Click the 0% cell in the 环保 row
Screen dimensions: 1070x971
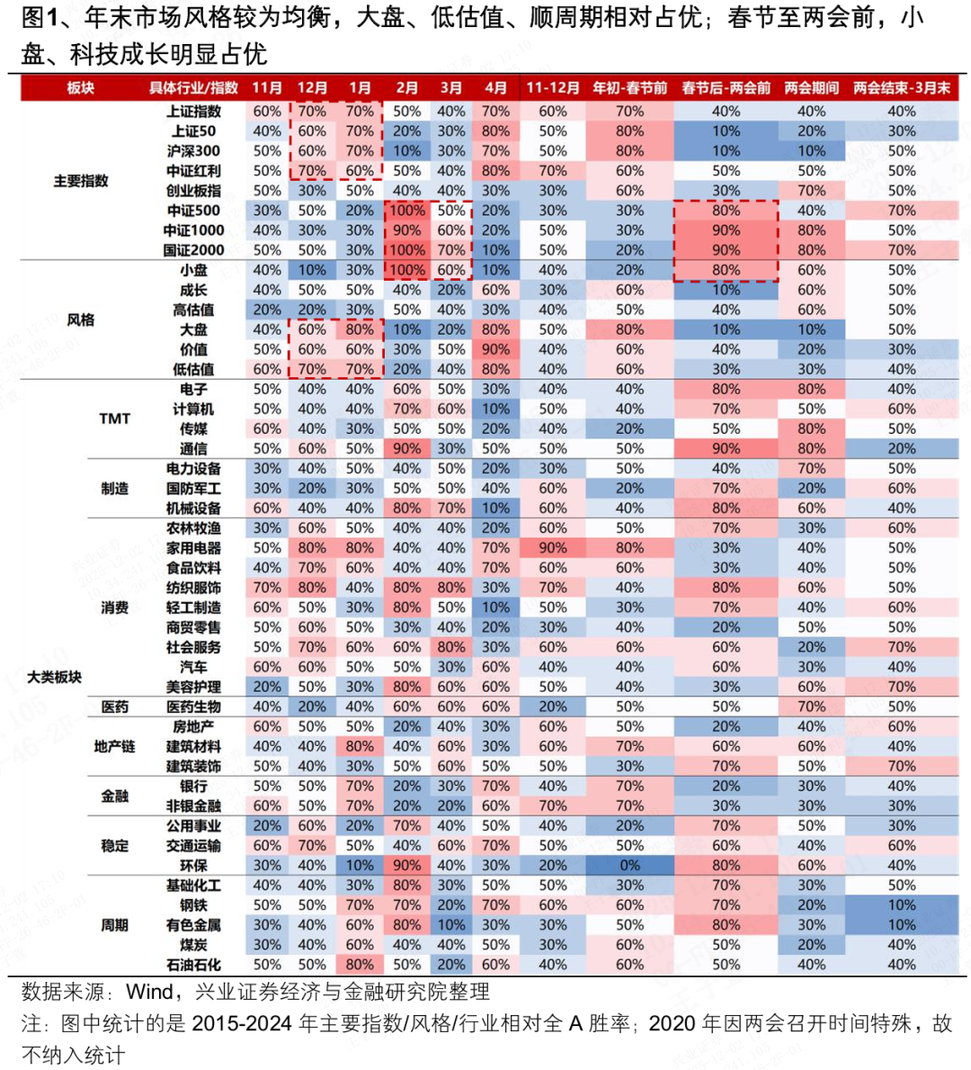point(629,866)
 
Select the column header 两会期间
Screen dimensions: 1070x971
point(811,87)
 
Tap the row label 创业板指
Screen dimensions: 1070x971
point(193,191)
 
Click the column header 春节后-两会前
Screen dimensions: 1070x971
point(726,87)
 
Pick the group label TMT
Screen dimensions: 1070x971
point(115,418)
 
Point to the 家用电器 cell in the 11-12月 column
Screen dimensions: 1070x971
point(553,548)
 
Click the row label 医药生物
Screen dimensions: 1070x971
point(193,707)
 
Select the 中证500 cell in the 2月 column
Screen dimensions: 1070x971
point(406,211)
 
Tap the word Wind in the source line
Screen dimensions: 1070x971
point(150,992)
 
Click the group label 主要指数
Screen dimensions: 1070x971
point(81,181)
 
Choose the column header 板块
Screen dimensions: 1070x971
point(81,87)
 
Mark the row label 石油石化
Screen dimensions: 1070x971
point(193,965)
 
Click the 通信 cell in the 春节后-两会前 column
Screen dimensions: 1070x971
point(726,449)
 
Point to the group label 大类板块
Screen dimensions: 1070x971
point(54,677)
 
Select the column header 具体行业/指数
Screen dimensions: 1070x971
point(193,87)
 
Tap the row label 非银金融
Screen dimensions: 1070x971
point(193,806)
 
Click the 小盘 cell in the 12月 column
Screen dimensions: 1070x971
point(312,270)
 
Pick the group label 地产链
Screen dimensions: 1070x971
point(115,747)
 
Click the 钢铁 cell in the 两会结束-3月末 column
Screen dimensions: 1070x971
point(902,905)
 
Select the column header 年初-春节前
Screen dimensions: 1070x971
point(629,87)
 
